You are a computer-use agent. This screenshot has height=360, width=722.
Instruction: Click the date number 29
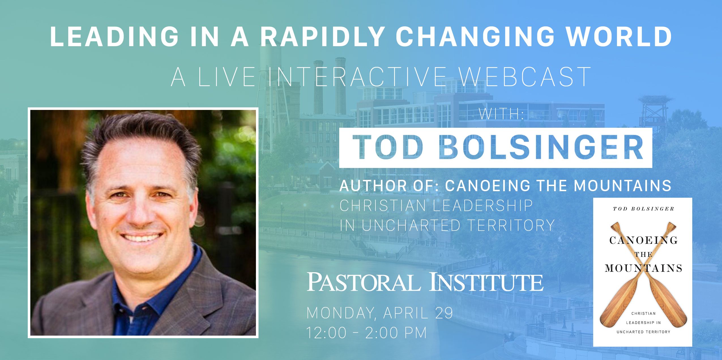(x=444, y=313)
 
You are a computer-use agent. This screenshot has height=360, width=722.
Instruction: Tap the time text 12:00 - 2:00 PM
(x=367, y=333)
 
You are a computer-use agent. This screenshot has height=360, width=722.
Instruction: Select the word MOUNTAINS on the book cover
(x=643, y=268)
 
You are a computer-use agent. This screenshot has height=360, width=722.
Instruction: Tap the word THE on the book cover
(x=643, y=254)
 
